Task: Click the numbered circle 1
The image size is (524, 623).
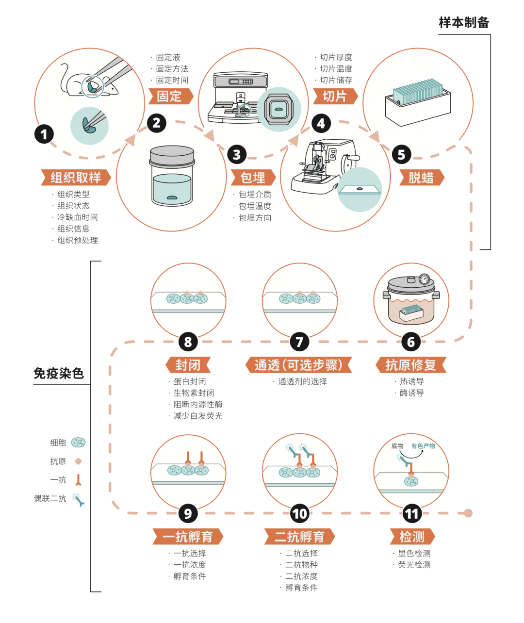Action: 44,134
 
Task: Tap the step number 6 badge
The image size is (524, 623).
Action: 411,342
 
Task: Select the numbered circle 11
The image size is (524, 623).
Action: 412,513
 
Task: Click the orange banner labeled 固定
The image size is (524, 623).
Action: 170,96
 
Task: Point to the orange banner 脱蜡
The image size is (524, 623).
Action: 421,178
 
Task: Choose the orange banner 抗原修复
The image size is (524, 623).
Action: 410,365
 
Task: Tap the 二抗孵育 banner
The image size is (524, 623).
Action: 299,537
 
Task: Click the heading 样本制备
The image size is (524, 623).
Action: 464,23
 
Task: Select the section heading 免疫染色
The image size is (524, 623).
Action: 59,373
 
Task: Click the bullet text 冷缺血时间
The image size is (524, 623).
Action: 77,217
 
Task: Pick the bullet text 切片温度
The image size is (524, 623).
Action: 336,69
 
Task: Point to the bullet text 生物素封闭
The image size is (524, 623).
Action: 194,393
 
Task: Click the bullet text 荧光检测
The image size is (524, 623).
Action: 414,565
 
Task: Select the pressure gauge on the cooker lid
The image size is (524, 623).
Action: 424,279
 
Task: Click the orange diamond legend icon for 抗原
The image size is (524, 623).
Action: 78,461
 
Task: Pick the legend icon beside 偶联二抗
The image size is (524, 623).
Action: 78,499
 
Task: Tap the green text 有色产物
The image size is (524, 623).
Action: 423,446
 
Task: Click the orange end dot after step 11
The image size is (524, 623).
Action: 468,513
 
